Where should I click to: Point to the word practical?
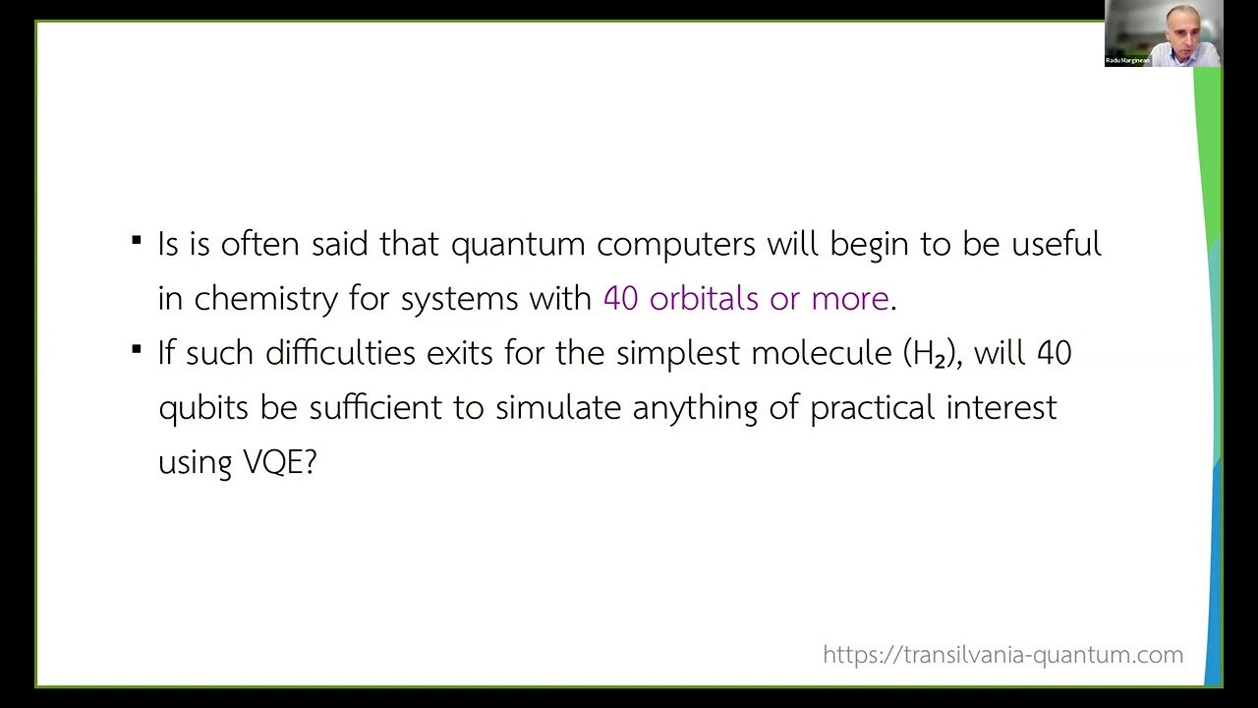point(871,407)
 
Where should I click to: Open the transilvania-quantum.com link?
point(1002,655)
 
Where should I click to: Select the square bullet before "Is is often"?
point(136,239)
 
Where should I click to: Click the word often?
point(259,244)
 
